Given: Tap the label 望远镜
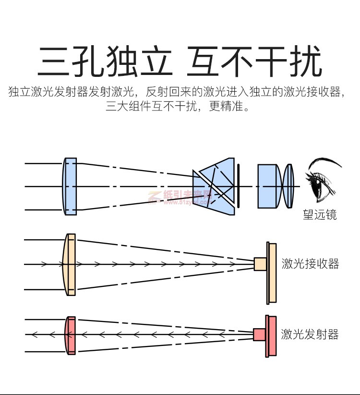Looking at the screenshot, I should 320,214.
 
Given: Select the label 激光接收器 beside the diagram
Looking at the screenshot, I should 310,263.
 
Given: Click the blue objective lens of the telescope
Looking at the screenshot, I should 70,186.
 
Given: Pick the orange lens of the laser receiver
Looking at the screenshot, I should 70,264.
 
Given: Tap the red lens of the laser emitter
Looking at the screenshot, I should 70,335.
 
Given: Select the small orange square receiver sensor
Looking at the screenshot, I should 260,264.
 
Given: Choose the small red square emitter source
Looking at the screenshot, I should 260,334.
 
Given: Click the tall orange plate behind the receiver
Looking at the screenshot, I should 272,273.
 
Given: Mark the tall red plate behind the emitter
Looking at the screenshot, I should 271,336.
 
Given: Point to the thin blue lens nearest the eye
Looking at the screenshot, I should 288,186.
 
